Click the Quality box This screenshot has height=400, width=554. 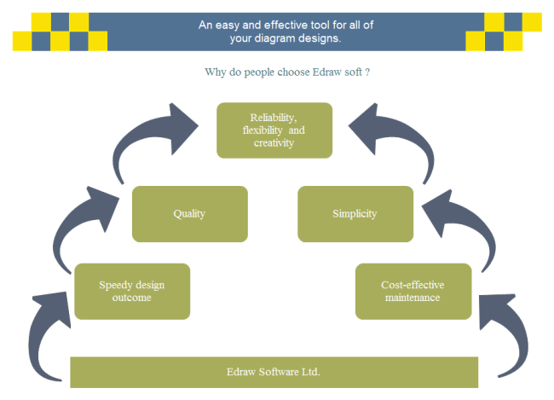click(189, 213)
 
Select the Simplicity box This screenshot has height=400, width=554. click(355, 213)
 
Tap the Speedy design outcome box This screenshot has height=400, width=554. click(131, 291)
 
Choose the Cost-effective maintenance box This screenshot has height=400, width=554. click(413, 291)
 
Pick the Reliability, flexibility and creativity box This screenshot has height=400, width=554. click(274, 130)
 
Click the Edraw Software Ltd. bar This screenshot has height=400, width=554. click(274, 372)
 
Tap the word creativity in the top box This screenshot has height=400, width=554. click(274, 142)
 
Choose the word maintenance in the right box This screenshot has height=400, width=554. click(413, 298)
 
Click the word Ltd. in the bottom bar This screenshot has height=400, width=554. click(311, 372)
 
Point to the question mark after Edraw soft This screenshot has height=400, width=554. click(367, 72)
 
